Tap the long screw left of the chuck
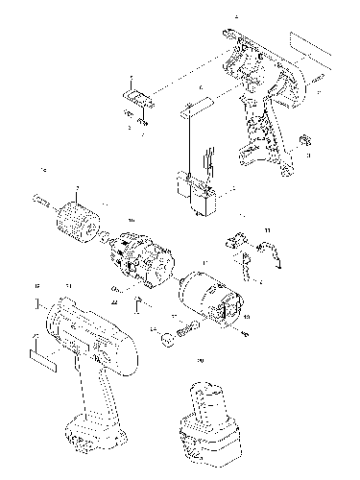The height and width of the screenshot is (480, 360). (x=40, y=201)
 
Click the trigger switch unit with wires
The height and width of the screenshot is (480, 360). (x=199, y=196)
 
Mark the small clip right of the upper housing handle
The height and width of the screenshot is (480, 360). (x=306, y=141)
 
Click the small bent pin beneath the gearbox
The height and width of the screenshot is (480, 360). (x=139, y=306)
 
